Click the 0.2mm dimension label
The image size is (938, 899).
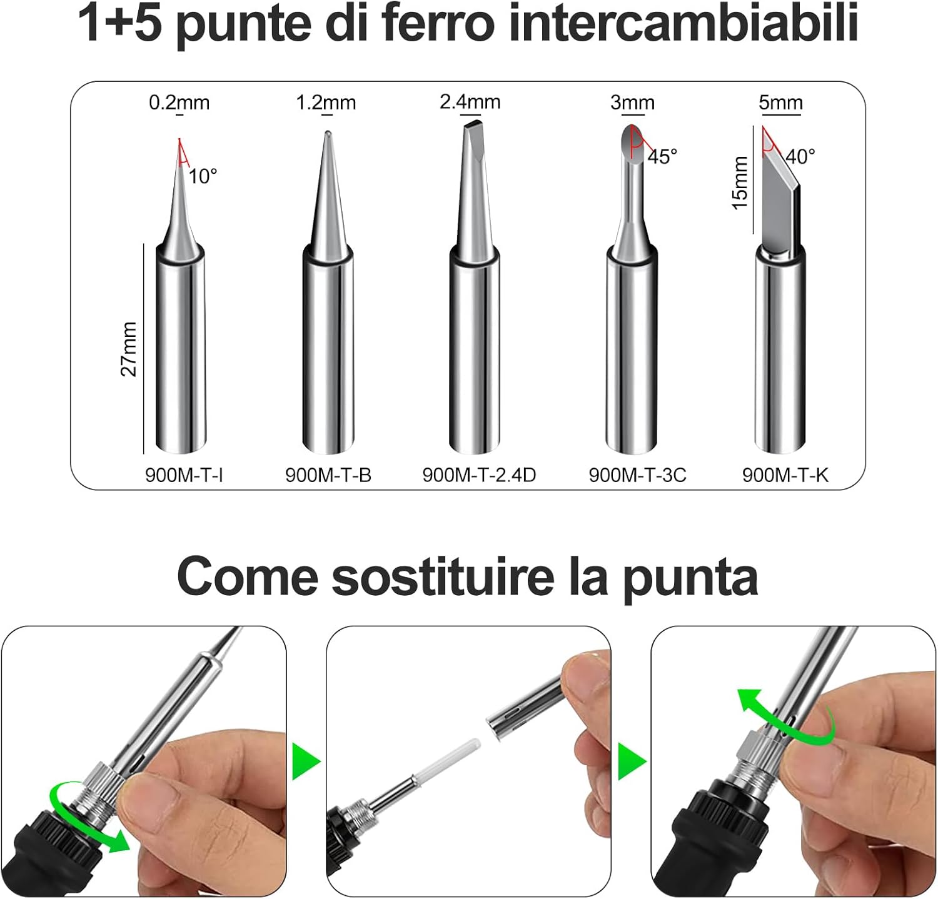179,103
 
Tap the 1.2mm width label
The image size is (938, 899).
326,103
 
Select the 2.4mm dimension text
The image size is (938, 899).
470,102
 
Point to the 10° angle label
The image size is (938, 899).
203,176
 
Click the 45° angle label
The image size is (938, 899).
662,156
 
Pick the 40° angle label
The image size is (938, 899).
800,156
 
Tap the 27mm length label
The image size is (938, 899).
128,349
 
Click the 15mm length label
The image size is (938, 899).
740,183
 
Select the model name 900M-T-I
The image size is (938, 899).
184,475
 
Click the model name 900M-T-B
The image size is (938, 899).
328,475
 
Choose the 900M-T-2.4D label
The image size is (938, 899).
479,475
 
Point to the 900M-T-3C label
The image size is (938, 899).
637,475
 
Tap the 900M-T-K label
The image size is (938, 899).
785,475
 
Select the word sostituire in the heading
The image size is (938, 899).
443,576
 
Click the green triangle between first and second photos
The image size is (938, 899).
306,761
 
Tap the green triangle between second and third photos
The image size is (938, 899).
632,761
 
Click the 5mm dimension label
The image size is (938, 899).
780,103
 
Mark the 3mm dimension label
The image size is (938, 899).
632,103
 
